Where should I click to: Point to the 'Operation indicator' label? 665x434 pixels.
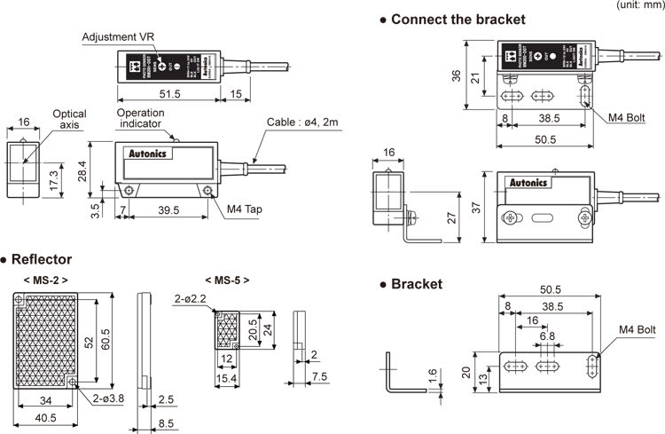click(x=145, y=118)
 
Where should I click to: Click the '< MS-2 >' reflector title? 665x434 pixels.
click(x=46, y=280)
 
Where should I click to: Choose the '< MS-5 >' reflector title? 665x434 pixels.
click(x=227, y=280)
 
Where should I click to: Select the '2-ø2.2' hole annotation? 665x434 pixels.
click(x=192, y=299)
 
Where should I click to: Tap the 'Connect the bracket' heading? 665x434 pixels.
click(x=458, y=19)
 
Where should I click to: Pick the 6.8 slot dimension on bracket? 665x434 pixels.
click(x=547, y=336)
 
